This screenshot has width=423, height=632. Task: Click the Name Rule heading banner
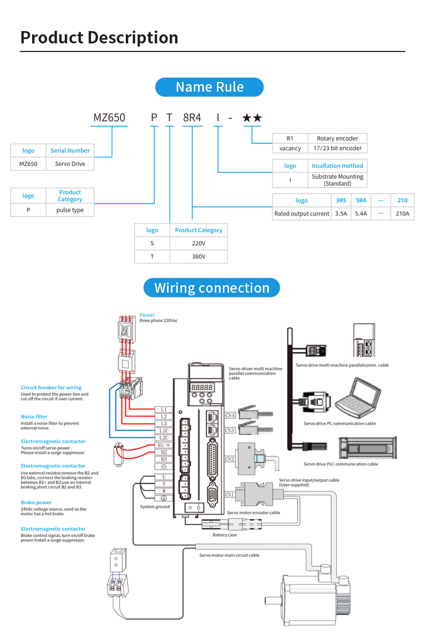click(x=209, y=87)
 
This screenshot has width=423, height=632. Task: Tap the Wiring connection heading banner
click(x=211, y=288)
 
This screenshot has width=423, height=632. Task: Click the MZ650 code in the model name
click(x=109, y=117)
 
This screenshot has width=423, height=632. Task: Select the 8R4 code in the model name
click(x=192, y=117)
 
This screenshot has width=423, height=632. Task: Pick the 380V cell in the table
click(x=198, y=257)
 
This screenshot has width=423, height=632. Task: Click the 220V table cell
click(x=198, y=243)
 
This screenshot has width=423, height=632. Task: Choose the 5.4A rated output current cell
click(x=361, y=213)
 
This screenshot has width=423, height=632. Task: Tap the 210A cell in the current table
click(x=402, y=213)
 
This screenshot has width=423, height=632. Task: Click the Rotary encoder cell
click(x=337, y=138)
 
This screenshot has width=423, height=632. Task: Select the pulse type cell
click(x=70, y=210)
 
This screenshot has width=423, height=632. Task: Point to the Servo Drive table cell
click(x=70, y=164)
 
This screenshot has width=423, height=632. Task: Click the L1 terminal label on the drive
click(x=164, y=409)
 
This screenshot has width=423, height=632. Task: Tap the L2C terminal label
click(x=164, y=437)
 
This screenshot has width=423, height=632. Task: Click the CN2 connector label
click(x=230, y=459)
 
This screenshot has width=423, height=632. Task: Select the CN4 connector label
click(x=230, y=415)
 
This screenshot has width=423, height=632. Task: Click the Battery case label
click(x=224, y=535)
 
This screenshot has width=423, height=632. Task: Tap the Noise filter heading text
click(x=34, y=417)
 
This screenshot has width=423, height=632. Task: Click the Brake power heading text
click(x=36, y=503)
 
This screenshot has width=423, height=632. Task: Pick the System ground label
click(x=155, y=507)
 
